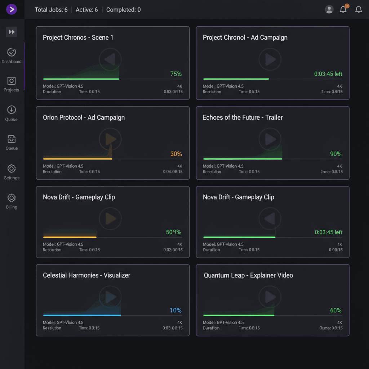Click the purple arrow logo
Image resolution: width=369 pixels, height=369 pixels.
pyautogui.click(x=12, y=9)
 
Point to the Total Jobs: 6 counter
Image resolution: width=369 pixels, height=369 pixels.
pyautogui.click(x=51, y=10)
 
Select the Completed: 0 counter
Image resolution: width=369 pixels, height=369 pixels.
pyautogui.click(x=123, y=10)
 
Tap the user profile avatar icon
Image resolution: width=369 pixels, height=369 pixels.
pyautogui.click(x=329, y=10)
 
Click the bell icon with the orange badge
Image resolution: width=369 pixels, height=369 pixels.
pyautogui.click(x=343, y=9)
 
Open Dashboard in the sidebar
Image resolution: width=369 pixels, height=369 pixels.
pyautogui.click(x=12, y=56)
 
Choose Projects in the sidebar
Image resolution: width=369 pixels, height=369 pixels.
pyautogui.click(x=12, y=84)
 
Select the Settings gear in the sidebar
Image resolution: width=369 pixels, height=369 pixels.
pyautogui.click(x=12, y=172)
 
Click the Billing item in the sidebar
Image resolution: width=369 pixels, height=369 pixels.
pyautogui.click(x=12, y=201)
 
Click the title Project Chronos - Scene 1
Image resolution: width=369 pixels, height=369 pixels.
pyautogui.click(x=78, y=37)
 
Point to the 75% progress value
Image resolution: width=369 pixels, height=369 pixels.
pyautogui.click(x=176, y=74)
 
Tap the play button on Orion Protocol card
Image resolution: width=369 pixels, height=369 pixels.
pyautogui.click(x=110, y=139)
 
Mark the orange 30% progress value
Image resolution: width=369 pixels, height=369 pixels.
pyautogui.click(x=176, y=154)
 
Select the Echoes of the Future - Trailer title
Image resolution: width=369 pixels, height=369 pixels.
pyautogui.click(x=243, y=117)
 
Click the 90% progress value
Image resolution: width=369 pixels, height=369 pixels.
pyautogui.click(x=335, y=154)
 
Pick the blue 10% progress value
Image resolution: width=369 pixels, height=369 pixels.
pyautogui.click(x=175, y=310)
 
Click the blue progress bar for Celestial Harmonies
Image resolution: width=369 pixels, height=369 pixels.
pyautogui.click(x=82, y=315)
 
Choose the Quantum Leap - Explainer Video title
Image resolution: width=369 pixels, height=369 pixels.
pyautogui.click(x=248, y=275)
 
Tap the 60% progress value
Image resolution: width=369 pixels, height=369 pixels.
pyautogui.click(x=335, y=310)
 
